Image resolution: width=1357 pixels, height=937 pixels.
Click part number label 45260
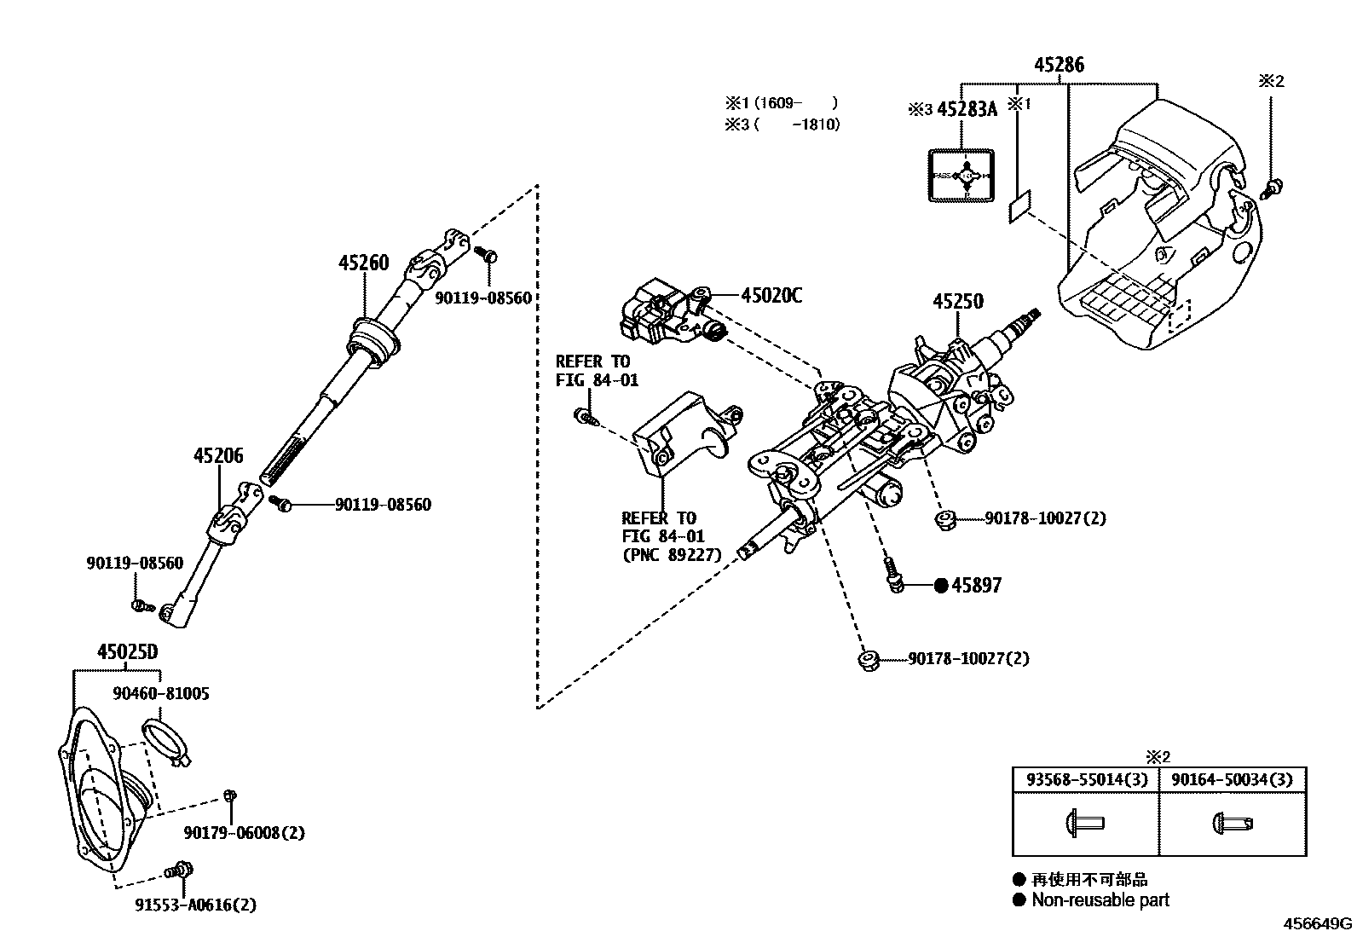363,263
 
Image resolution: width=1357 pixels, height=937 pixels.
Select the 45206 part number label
218,456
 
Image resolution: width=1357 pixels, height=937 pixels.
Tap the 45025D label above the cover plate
127,652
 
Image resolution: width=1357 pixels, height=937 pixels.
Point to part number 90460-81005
161,694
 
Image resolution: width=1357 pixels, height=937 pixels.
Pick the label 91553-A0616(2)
195,905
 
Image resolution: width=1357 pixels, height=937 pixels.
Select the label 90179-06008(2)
245,833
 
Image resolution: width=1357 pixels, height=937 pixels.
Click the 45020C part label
771,296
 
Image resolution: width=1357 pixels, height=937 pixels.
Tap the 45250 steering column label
957,302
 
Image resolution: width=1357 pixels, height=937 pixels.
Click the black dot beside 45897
941,586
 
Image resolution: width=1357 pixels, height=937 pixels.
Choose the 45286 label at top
1060,65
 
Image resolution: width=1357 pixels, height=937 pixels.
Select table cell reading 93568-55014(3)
1086,780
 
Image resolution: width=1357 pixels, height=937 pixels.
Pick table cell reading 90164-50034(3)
1232,780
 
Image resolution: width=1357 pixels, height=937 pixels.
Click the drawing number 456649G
1319,923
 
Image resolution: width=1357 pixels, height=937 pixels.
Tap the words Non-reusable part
1100,900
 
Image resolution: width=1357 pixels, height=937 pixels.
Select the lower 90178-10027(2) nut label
968,659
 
